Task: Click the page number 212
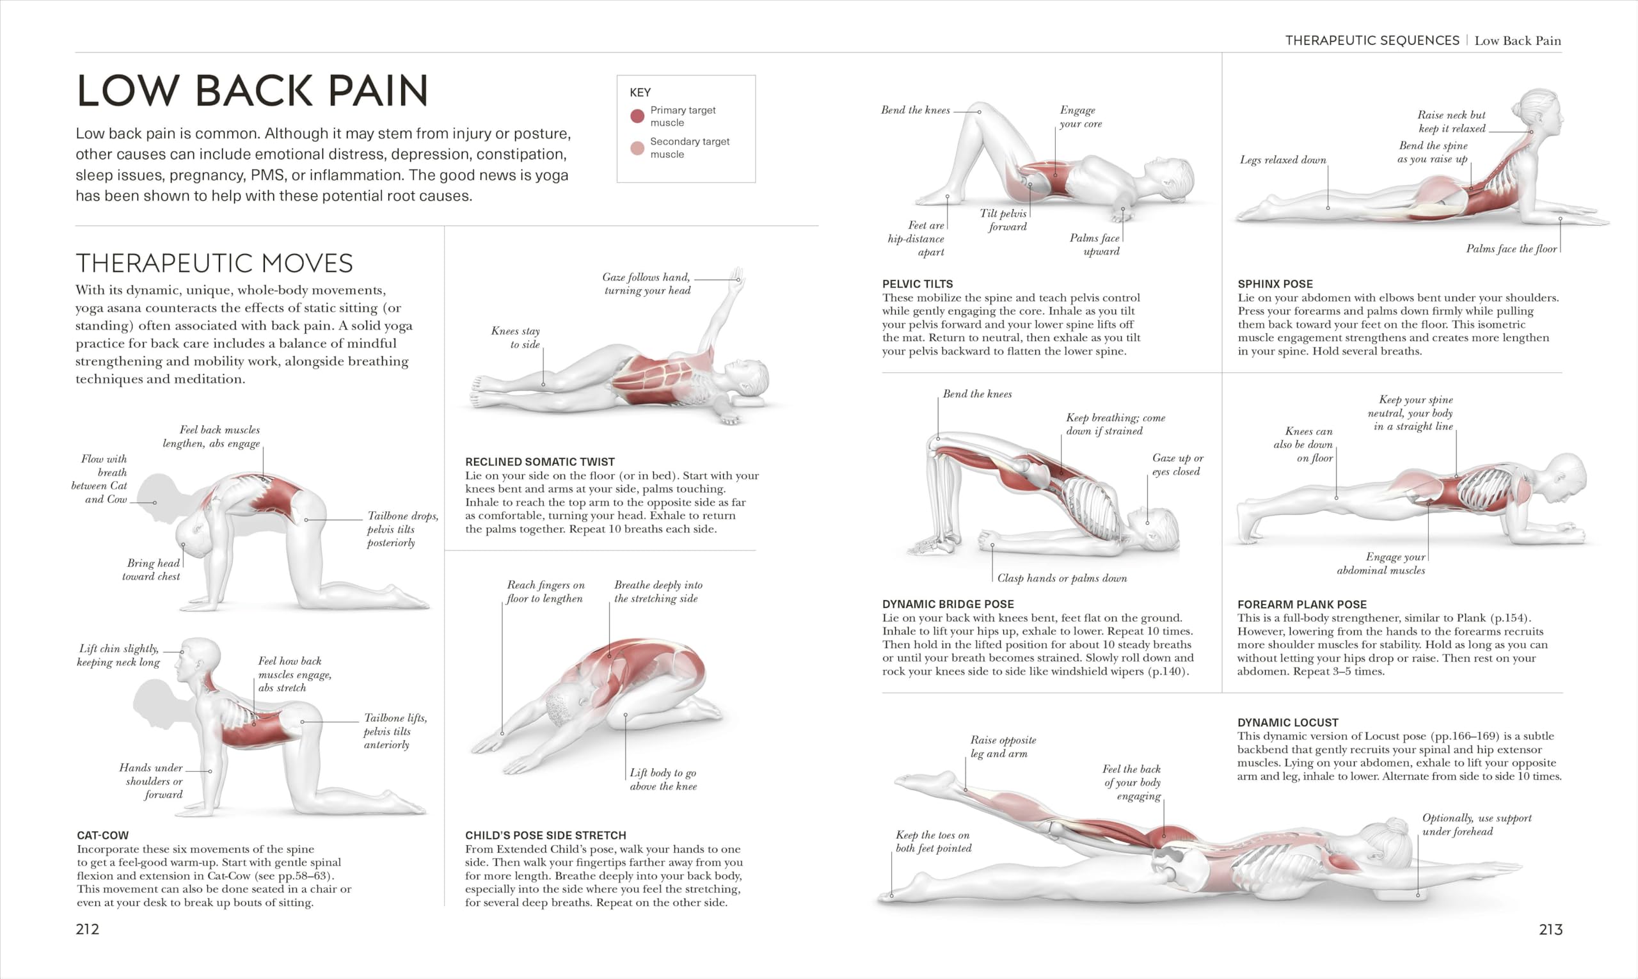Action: click(x=87, y=929)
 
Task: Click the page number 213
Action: click(x=1550, y=929)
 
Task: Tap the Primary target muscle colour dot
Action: click(x=637, y=116)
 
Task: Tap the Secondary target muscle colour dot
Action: click(x=637, y=148)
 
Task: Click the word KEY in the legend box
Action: click(x=640, y=92)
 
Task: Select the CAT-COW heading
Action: click(x=103, y=835)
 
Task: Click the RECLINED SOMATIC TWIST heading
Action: click(x=539, y=462)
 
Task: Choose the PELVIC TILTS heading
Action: click(x=917, y=284)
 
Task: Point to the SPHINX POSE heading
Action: click(x=1275, y=284)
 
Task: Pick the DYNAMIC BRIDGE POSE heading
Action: click(x=948, y=604)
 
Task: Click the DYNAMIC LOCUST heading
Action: click(x=1288, y=722)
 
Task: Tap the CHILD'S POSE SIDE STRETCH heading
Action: click(x=546, y=835)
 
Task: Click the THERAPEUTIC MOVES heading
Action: click(x=214, y=263)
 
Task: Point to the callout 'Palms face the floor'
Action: click(x=1511, y=249)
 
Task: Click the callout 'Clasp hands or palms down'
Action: click(x=1062, y=578)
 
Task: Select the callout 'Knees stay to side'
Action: click(x=515, y=337)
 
